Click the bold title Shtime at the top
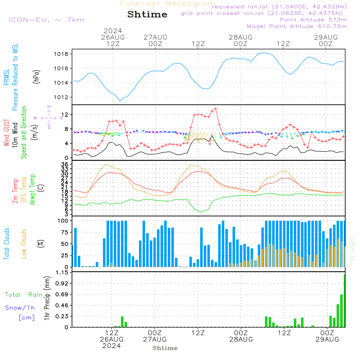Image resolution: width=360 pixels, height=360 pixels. click(x=148, y=14)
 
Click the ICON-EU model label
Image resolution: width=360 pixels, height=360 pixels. click(x=46, y=20)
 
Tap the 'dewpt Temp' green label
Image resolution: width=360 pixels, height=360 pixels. click(x=32, y=190)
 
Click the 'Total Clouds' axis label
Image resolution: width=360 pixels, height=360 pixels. click(x=6, y=244)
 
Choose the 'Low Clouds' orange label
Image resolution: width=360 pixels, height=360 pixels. click(x=24, y=244)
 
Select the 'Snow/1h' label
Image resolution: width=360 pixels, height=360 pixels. click(x=20, y=308)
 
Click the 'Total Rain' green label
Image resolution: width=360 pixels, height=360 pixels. click(x=23, y=295)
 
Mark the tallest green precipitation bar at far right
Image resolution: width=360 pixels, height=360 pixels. click(x=345, y=301)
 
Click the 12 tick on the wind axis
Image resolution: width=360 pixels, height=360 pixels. click(x=66, y=114)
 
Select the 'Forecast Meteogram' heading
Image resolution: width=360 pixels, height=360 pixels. click(x=168, y=4)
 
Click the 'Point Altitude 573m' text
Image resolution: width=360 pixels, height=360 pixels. click(x=313, y=19)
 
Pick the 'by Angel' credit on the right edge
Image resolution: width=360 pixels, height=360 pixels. click(x=352, y=249)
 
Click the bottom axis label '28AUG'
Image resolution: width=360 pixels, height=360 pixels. click(x=240, y=339)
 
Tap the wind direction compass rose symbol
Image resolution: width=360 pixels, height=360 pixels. click(x=49, y=118)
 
